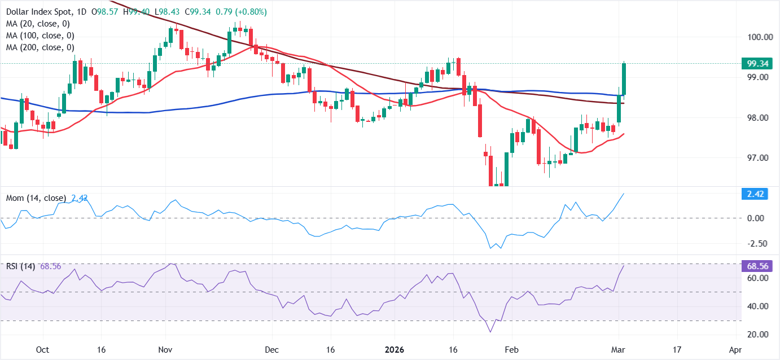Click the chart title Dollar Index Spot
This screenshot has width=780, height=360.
click(36, 12)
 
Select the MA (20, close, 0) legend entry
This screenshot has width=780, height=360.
click(38, 24)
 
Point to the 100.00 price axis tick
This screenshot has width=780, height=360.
click(759, 37)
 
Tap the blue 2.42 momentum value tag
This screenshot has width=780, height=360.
click(755, 194)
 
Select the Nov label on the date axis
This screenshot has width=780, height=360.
click(165, 349)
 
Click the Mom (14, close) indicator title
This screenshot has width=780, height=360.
click(36, 198)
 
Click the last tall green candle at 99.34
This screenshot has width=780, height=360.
click(624, 79)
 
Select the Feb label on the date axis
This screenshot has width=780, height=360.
click(511, 349)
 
